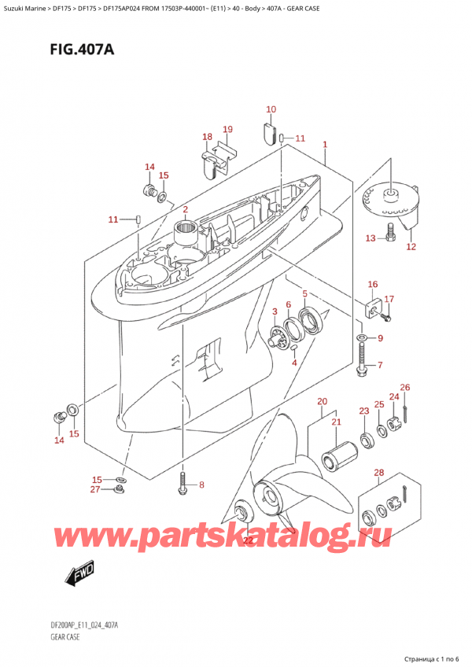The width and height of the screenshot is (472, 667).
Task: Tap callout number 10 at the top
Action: [x=271, y=109]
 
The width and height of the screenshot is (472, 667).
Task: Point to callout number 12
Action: [x=410, y=246]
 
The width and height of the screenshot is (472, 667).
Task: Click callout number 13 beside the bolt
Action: [x=370, y=238]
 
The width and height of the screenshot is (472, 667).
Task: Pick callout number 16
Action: [x=372, y=284]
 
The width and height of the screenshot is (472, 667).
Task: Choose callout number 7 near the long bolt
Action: [x=379, y=365]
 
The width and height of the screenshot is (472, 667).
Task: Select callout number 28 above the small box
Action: [x=378, y=472]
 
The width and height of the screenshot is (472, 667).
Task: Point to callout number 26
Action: [x=405, y=387]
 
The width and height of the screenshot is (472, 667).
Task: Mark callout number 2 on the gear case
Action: [x=185, y=209]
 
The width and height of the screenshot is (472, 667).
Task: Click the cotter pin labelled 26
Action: [x=404, y=406]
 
